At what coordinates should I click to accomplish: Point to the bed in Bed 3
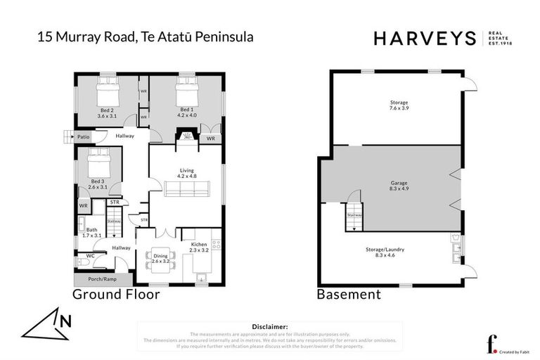(x=96, y=165)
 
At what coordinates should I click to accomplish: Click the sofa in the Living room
(x=186, y=188)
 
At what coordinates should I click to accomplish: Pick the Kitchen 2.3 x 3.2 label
(x=198, y=247)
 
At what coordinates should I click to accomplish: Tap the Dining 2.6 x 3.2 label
(x=162, y=258)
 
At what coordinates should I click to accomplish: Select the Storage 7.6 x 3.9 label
(x=399, y=105)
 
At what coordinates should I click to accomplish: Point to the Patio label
(x=84, y=136)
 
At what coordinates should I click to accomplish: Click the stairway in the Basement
(x=354, y=217)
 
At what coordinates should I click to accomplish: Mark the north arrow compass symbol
(x=49, y=325)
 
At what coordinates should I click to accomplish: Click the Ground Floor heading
(x=115, y=295)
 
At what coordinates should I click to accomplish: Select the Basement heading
(x=349, y=295)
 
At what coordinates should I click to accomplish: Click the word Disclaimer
(x=269, y=327)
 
